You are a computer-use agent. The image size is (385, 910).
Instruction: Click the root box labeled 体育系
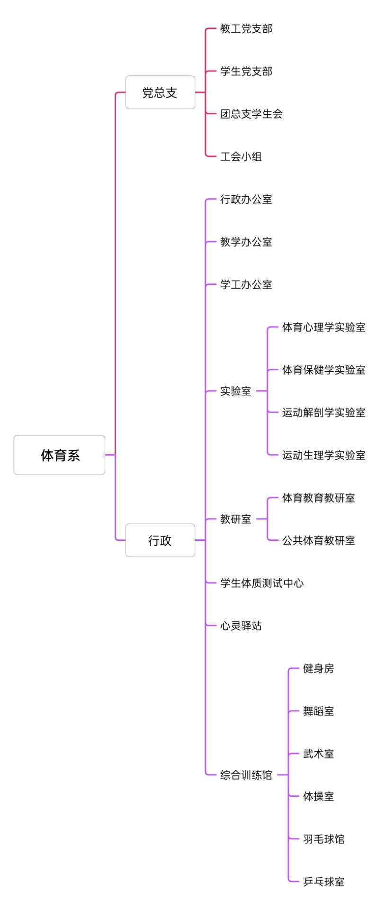pyautogui.click(x=59, y=455)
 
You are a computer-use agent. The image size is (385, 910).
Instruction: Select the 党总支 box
pyautogui.click(x=160, y=92)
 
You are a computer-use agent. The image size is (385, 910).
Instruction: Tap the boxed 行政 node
pyautogui.click(x=160, y=540)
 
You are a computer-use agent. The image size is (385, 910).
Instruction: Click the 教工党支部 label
pyautogui.click(x=246, y=29)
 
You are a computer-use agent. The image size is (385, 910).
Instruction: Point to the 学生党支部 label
pyautogui.click(x=246, y=72)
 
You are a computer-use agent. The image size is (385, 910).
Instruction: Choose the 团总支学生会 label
pyautogui.click(x=251, y=114)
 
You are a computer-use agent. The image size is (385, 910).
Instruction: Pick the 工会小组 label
pyautogui.click(x=241, y=157)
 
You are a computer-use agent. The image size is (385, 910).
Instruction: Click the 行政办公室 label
pyautogui.click(x=246, y=200)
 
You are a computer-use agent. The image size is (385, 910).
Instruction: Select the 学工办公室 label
pyautogui.click(x=246, y=285)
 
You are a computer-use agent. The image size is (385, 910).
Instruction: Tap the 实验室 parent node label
pyautogui.click(x=236, y=391)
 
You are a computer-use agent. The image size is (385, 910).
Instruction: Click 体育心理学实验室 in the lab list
pyautogui.click(x=324, y=328)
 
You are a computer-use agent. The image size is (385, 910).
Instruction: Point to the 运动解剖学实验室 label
pyautogui.click(x=324, y=413)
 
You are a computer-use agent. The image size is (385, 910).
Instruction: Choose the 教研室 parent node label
pyautogui.click(x=236, y=519)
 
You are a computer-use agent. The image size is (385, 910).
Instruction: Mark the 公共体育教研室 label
pyautogui.click(x=319, y=541)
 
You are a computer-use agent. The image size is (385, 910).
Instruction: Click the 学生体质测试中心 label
pyautogui.click(x=262, y=583)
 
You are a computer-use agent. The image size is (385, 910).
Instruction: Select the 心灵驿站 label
pyautogui.click(x=241, y=626)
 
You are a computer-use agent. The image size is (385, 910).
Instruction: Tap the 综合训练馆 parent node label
pyautogui.click(x=246, y=775)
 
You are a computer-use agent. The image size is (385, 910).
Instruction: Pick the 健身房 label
pyautogui.click(x=319, y=669)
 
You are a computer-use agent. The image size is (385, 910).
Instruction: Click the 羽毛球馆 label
pyautogui.click(x=324, y=839)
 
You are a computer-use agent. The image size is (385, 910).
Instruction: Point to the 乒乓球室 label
pyautogui.click(x=324, y=882)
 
